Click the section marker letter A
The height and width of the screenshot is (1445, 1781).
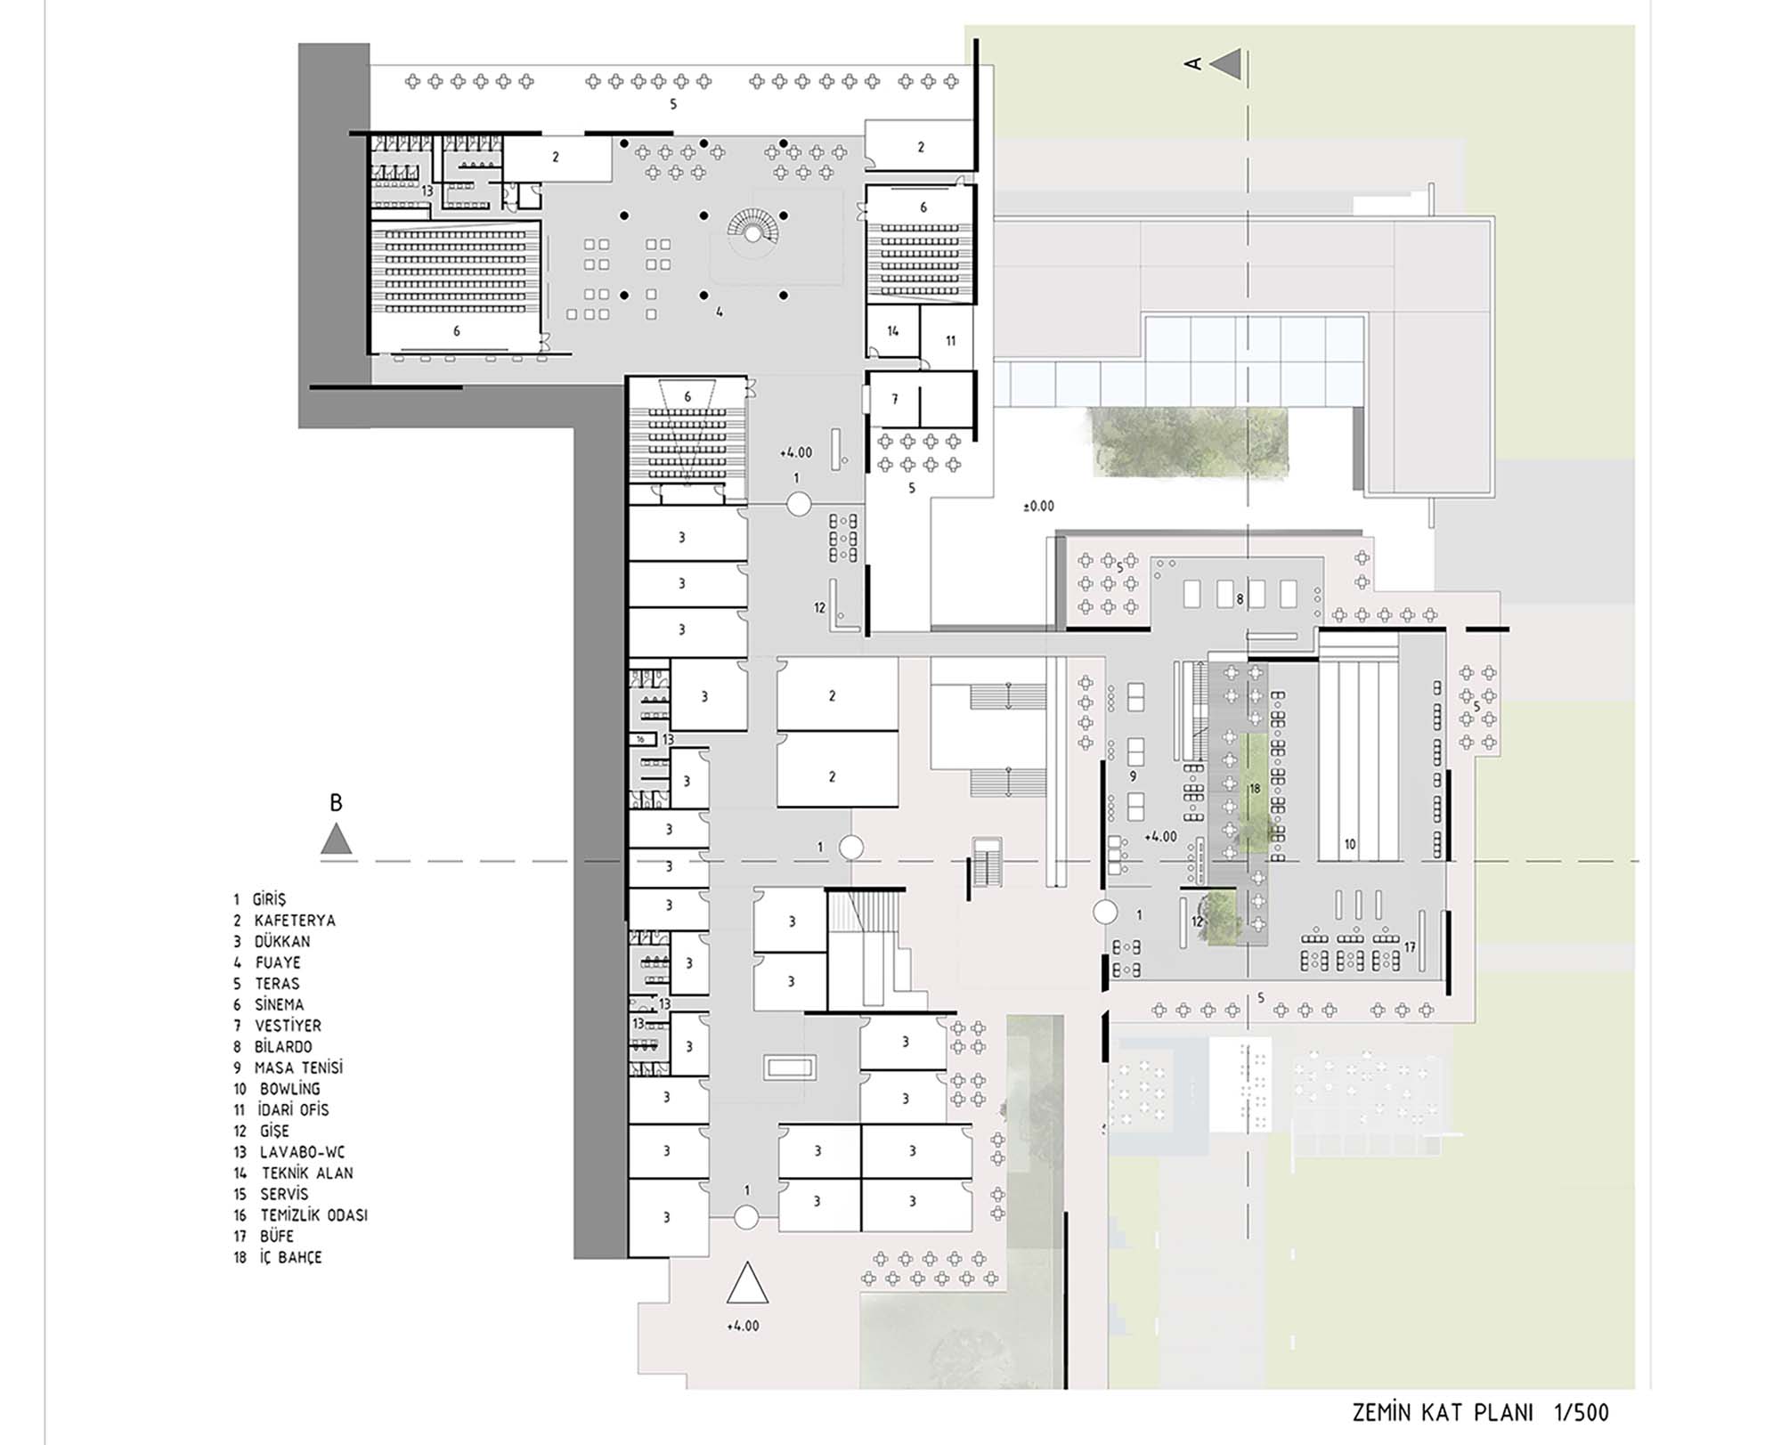1193,63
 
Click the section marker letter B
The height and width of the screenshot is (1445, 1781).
336,802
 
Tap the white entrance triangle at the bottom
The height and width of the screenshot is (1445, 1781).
746,1283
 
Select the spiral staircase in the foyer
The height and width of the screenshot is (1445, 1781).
753,227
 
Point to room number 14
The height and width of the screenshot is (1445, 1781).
893,331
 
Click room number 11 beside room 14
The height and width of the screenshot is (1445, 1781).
950,340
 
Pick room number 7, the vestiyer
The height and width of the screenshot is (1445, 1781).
895,400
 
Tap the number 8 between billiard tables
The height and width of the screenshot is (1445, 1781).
1240,599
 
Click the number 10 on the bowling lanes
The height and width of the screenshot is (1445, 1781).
1350,844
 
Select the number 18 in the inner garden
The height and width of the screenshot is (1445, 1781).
1255,788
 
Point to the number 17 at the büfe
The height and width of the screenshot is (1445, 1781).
1410,947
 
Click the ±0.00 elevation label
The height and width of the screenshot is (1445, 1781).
1038,506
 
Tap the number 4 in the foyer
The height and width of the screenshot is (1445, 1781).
720,313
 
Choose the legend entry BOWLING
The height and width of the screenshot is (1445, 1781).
289,1089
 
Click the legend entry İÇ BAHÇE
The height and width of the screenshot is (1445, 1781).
290,1257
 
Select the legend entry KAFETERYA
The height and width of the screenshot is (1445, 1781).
295,921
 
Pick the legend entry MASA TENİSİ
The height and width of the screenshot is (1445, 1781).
298,1068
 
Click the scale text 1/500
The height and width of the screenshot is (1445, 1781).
1582,1413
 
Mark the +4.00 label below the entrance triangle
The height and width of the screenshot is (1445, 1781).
743,1326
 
